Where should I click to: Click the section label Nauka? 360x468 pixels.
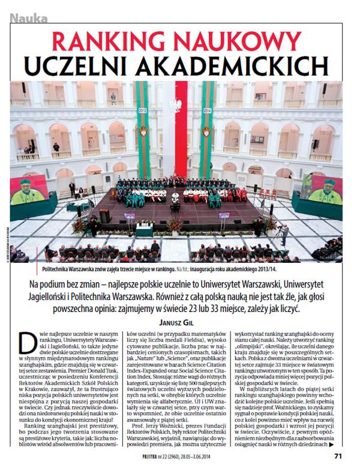[29, 19]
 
